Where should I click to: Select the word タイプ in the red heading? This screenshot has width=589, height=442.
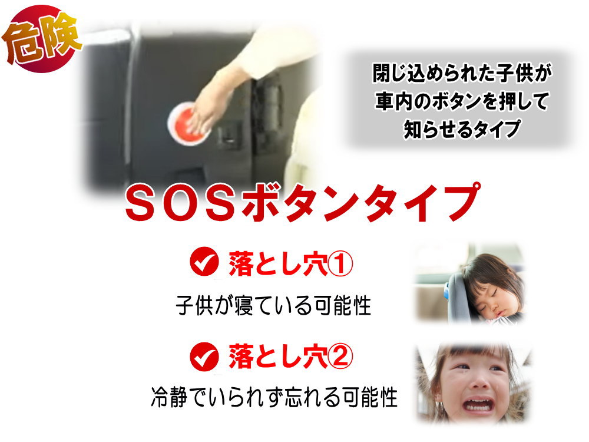pos(420,203)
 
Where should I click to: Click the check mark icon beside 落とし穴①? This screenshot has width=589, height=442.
pos(204,262)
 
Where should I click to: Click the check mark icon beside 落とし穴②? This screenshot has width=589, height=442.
pos(204,357)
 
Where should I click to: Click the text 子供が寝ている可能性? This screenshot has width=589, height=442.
pos(273,305)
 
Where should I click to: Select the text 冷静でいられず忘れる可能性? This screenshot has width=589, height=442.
pos(274,397)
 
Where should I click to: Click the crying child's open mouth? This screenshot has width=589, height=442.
pos(478,405)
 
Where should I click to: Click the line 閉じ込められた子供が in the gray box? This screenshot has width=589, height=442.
pos(462,73)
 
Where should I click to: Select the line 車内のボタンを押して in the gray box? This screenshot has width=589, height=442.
pos(462,101)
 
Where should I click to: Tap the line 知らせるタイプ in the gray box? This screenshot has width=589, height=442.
pos(462,129)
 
